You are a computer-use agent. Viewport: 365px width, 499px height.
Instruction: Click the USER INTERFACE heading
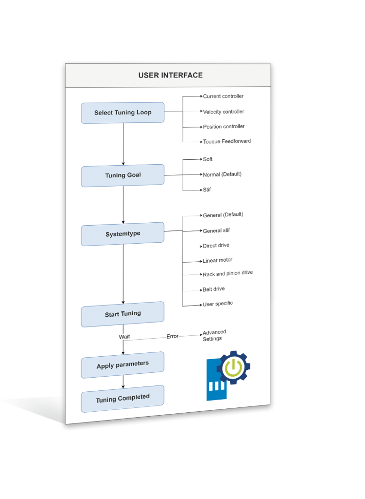pos(170,76)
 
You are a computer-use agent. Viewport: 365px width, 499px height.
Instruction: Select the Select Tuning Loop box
pos(122,113)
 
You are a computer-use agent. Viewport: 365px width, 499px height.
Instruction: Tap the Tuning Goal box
pos(122,175)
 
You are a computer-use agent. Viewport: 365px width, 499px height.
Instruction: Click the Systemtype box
pos(122,234)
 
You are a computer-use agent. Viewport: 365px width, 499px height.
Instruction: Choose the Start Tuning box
pos(122,314)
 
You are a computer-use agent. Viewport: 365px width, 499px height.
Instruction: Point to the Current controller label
pos(223,96)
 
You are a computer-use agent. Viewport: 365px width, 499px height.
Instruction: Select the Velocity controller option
pos(223,112)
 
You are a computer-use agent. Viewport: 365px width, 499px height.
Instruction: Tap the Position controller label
pos(223,127)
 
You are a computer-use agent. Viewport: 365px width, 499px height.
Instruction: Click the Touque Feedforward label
pos(227,141)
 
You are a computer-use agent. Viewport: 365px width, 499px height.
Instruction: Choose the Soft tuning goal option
pos(208,159)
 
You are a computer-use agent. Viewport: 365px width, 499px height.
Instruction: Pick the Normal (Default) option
pos(222,174)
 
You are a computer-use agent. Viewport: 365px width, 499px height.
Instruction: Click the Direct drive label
pos(216,246)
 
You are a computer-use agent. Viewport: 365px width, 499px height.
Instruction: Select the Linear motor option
pos(217,260)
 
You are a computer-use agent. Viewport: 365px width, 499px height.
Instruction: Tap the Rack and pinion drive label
pos(227,273)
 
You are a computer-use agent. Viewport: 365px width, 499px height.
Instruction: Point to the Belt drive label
pos(214,289)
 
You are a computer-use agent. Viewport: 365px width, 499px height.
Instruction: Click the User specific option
pos(218,304)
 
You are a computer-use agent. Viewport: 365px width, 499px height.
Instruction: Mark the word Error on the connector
pos(172,336)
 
